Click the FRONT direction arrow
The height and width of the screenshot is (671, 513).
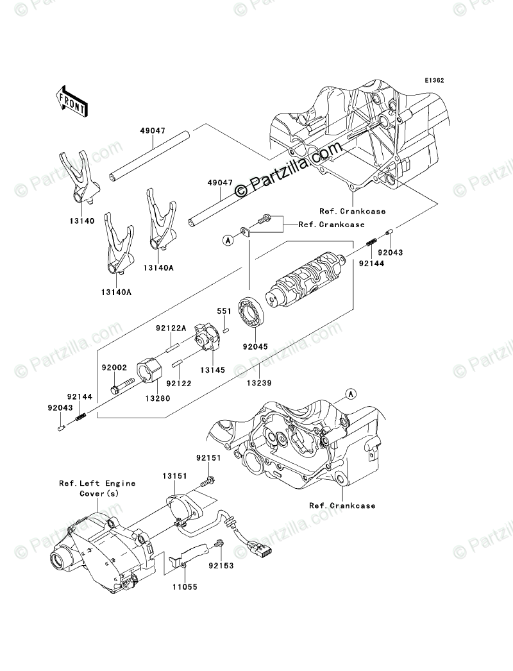coord(71,101)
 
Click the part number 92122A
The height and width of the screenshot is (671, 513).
coord(170,328)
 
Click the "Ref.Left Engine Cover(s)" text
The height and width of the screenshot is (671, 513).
coord(97,488)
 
